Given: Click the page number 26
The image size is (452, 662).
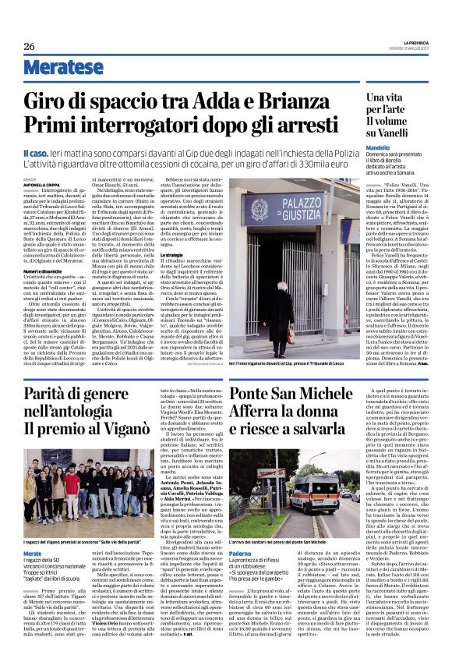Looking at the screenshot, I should [x=30, y=46].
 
